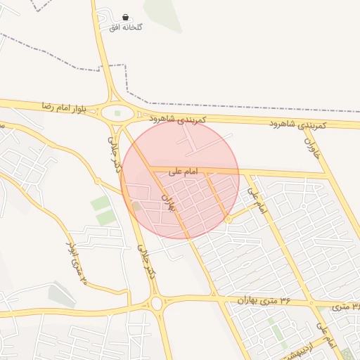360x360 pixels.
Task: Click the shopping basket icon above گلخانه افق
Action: tap(125, 17)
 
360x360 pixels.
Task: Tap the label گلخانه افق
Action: tap(126, 27)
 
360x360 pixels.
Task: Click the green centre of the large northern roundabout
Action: tap(117, 112)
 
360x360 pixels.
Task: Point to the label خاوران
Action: tap(312, 146)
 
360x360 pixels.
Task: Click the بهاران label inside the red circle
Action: tap(169, 204)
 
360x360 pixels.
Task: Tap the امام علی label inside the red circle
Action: tap(184, 170)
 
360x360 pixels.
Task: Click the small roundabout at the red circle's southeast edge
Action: tap(229, 220)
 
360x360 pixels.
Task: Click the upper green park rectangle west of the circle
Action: tap(101, 204)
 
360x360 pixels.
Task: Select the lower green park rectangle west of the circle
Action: tap(106, 218)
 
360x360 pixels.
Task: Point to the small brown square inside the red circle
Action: tap(137, 206)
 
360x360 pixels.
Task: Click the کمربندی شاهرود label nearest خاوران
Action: tap(299, 124)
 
